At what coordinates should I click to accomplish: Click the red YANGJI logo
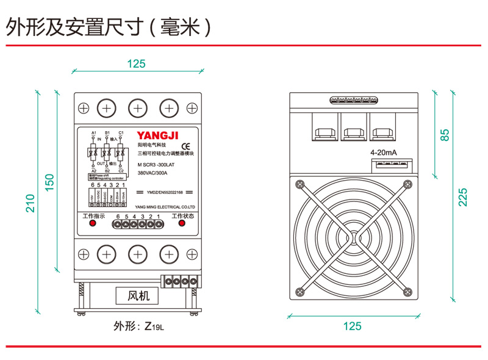[x=157, y=135]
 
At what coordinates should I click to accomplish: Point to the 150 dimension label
[x=50, y=182]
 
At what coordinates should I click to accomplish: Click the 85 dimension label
[x=445, y=135]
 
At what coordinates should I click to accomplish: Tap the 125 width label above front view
[x=137, y=63]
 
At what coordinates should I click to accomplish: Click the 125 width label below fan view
[x=352, y=326]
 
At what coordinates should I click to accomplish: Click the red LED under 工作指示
[x=93, y=224]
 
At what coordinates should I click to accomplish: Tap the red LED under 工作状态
[x=182, y=224]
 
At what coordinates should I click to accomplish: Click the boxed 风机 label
[x=137, y=297]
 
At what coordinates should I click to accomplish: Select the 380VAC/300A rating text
[x=152, y=173]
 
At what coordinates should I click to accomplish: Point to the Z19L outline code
[x=154, y=326]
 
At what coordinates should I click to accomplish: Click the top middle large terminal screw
[x=138, y=109]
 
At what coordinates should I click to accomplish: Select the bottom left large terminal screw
[x=107, y=253]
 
